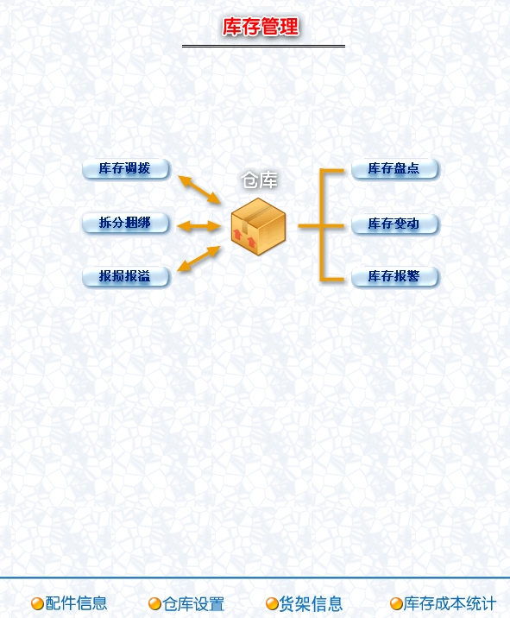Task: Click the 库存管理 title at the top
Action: pos(261,27)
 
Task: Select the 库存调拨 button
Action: pos(126,168)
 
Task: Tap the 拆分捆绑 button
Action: pos(126,223)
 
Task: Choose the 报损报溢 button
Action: pos(126,276)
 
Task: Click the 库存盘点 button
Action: pos(394,168)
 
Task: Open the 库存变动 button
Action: pos(394,224)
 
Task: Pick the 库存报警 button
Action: pos(394,276)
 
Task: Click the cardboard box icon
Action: pos(258,226)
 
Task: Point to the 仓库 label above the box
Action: pos(260,180)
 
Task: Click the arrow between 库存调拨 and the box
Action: pos(199,190)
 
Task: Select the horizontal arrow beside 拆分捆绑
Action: pos(198,226)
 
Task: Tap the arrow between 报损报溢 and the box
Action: pos(198,259)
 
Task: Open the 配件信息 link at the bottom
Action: pos(76,603)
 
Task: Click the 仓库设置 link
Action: pos(193,603)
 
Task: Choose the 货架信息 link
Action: pos(311,603)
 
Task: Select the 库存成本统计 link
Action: pos(450,603)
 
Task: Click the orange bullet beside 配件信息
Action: pos(37,603)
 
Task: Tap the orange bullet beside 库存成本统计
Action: pos(396,603)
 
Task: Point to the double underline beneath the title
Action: pos(263,46)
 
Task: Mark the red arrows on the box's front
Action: pos(244,237)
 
